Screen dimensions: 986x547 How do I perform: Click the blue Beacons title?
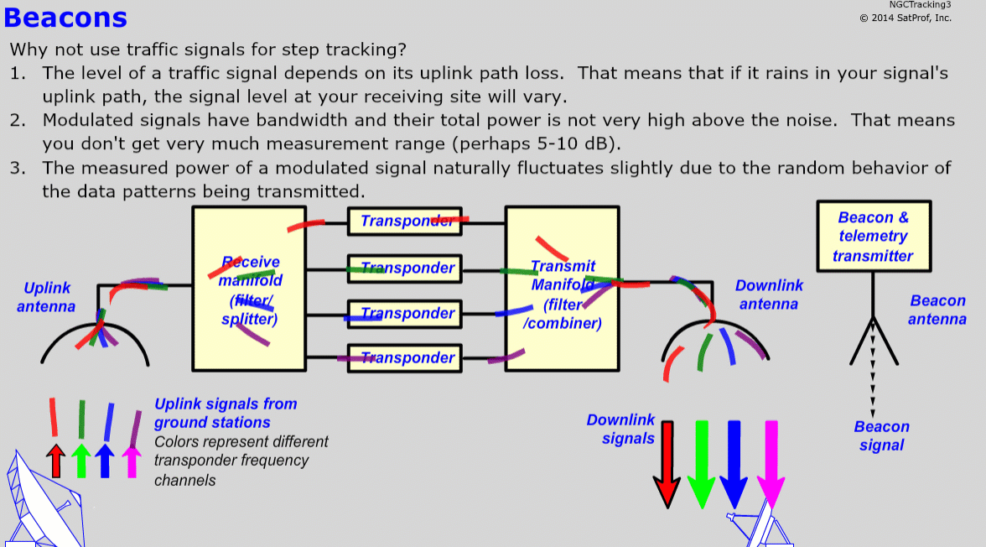(65, 18)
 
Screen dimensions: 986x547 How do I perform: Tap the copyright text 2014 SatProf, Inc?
(906, 18)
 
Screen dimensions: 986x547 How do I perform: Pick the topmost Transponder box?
(405, 221)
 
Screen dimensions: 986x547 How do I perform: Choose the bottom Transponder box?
(405, 357)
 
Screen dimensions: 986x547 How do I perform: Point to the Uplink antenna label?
(46, 297)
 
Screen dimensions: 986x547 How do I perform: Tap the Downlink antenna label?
(769, 294)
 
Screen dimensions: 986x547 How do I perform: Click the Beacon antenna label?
(937, 310)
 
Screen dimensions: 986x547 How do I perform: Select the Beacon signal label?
(882, 435)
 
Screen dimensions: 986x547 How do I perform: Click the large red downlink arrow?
(667, 465)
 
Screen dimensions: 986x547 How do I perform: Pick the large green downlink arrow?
(701, 465)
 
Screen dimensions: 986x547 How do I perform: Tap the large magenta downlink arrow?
(771, 465)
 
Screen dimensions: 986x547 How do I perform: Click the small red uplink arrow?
(56, 461)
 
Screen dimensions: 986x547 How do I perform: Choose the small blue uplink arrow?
(105, 461)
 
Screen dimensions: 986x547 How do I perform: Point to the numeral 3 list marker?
(17, 168)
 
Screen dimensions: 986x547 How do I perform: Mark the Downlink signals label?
(621, 429)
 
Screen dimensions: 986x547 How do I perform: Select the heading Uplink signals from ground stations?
(226, 413)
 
